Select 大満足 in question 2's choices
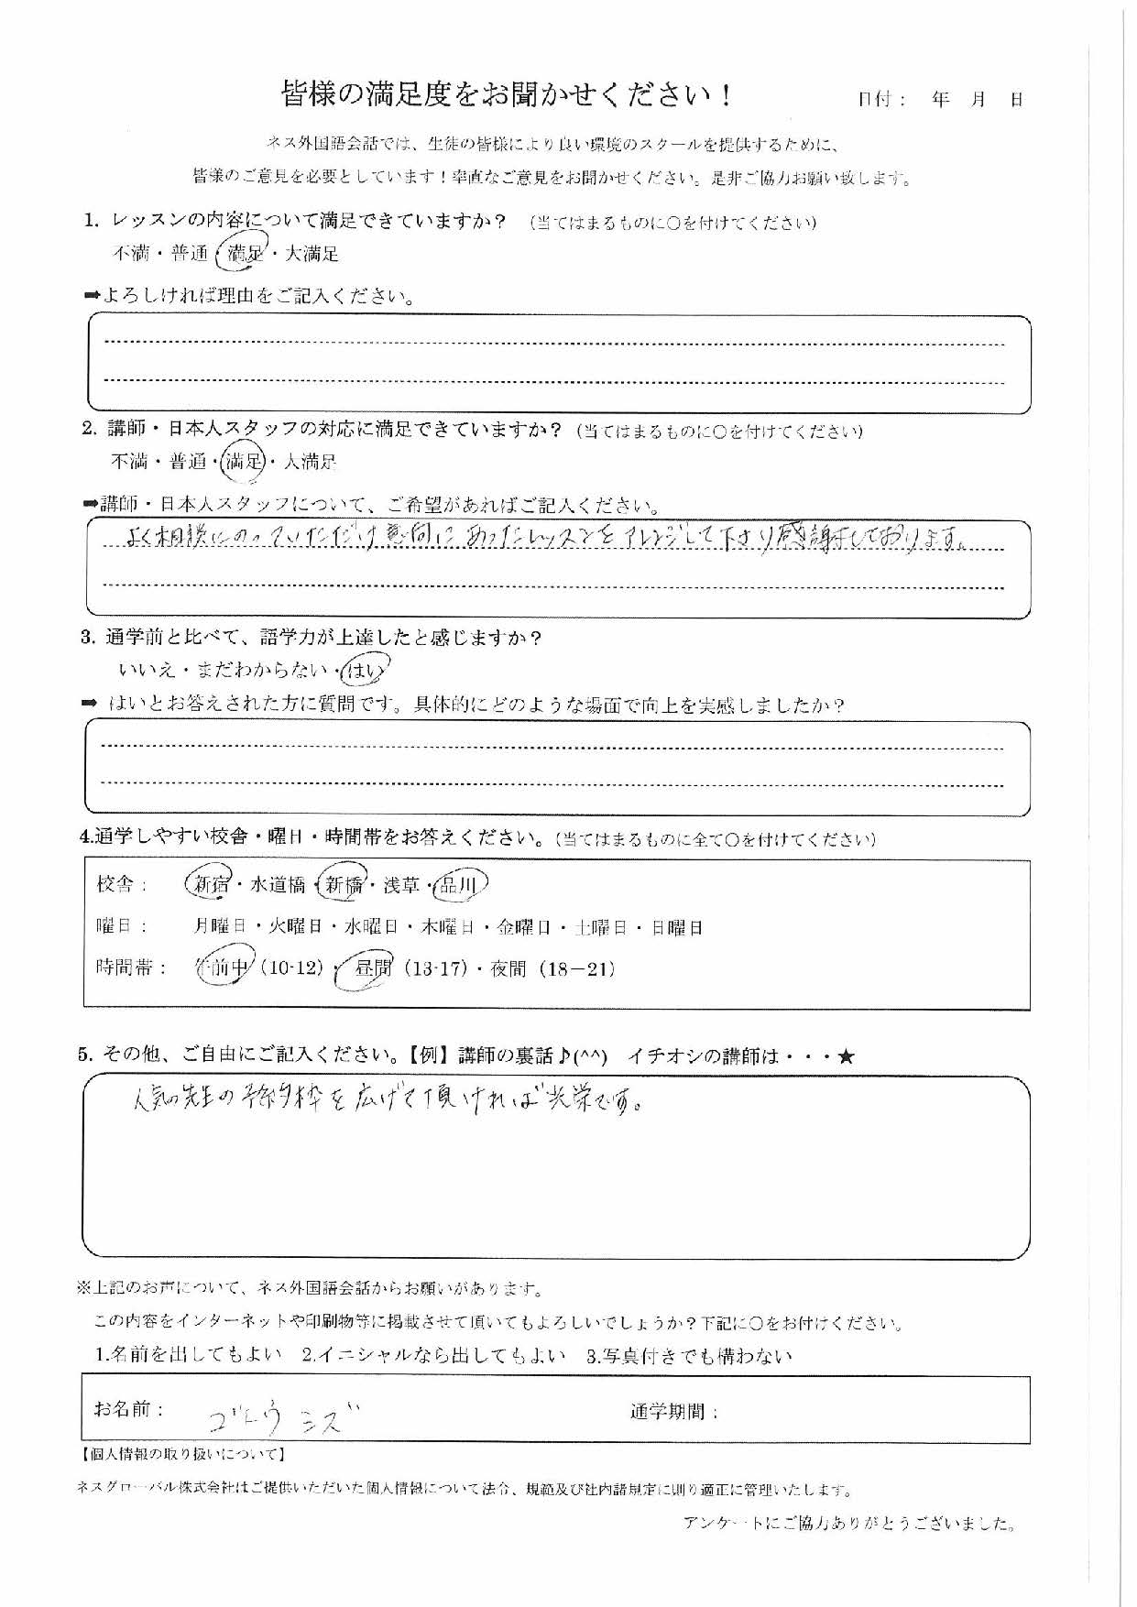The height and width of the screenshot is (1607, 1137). (x=310, y=462)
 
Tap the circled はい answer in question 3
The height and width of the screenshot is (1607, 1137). (x=364, y=672)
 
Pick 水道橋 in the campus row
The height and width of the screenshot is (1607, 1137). (x=278, y=885)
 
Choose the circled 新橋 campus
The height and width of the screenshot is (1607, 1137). (x=342, y=884)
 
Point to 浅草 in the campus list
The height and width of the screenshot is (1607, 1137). (x=401, y=885)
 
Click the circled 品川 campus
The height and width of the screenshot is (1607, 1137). (x=458, y=884)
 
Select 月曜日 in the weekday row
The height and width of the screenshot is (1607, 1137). (x=220, y=927)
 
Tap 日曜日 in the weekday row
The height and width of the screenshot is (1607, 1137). (x=677, y=927)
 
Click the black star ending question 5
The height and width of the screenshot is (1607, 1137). (x=846, y=1056)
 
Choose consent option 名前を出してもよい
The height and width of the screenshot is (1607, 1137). (x=189, y=1356)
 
